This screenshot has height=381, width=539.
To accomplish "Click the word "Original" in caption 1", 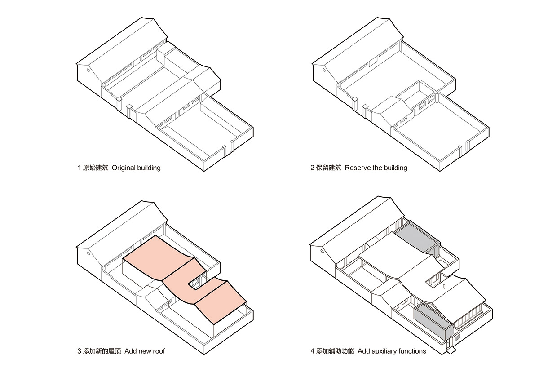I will pos(124,168).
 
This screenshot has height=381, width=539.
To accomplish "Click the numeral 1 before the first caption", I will pos(79,168).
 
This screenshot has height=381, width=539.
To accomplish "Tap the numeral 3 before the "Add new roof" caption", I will pos(79,351).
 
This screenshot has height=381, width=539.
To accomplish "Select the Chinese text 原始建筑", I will pos(96,168).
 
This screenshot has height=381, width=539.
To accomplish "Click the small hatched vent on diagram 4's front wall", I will pos(457,336).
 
